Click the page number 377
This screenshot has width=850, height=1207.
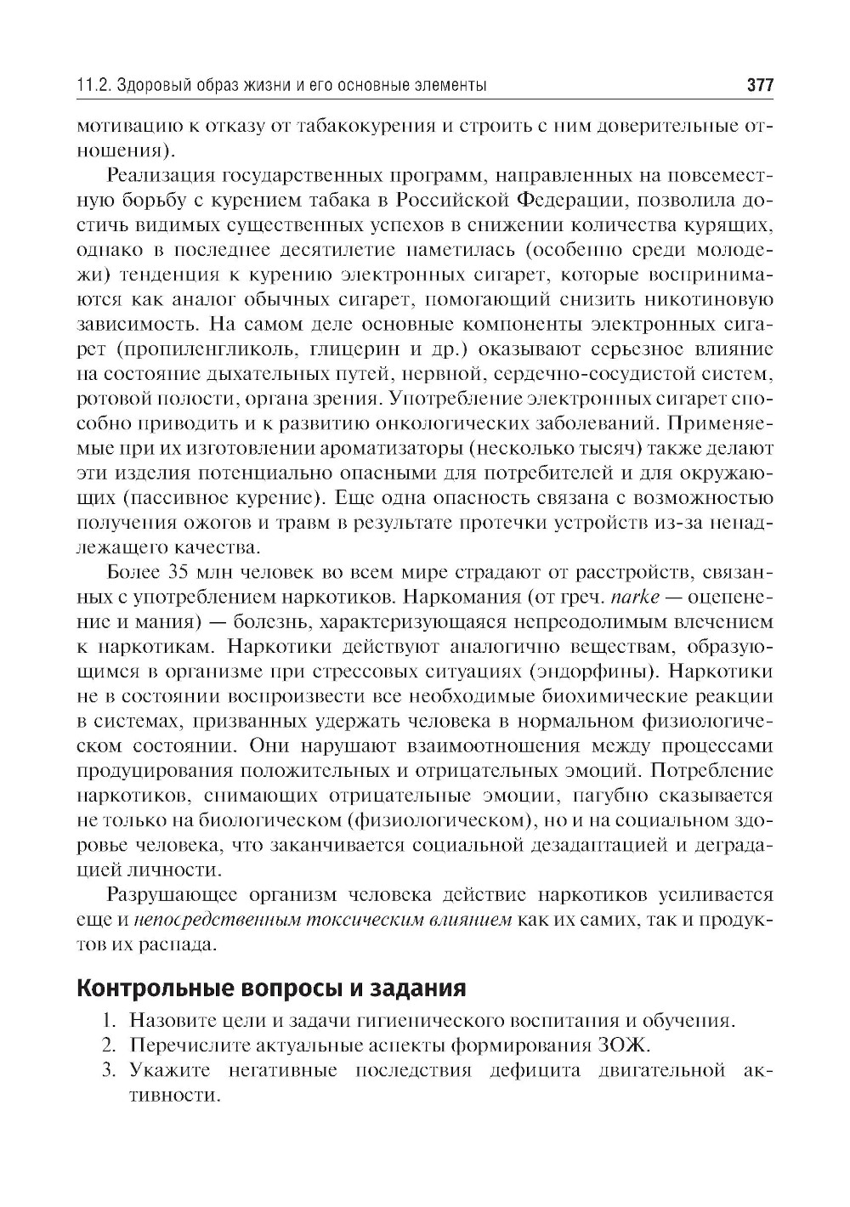[x=759, y=86]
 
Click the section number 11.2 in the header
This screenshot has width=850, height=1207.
[x=92, y=86]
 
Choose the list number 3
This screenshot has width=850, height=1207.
[x=108, y=1069]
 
